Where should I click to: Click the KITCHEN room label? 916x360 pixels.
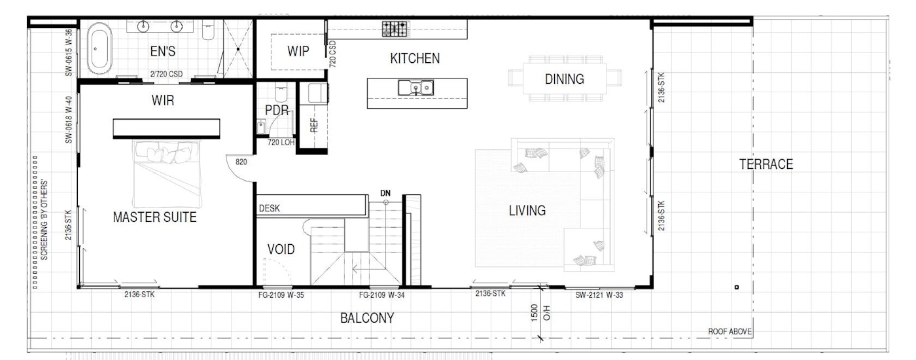(415, 58)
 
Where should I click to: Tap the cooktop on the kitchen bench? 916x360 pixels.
(395, 29)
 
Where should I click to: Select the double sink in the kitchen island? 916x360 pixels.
(415, 88)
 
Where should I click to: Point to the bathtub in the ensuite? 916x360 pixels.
(99, 48)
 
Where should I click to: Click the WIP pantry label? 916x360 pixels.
(298, 52)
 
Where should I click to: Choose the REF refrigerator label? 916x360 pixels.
(313, 125)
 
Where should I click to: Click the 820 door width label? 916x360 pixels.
(241, 162)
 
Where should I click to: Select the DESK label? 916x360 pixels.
(269, 208)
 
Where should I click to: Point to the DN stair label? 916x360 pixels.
(385, 193)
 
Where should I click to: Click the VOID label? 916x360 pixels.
(281, 249)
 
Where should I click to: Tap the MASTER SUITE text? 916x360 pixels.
(154, 217)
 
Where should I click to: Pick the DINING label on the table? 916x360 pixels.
(564, 79)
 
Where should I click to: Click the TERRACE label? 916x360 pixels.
(766, 164)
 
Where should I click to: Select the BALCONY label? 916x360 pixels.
(367, 318)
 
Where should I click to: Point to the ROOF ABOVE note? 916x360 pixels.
(730, 331)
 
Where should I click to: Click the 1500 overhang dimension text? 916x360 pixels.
(534, 313)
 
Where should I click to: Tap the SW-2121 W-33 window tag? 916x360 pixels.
(599, 295)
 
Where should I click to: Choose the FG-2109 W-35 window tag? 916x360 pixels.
(281, 295)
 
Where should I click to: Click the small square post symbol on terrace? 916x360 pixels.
(737, 287)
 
